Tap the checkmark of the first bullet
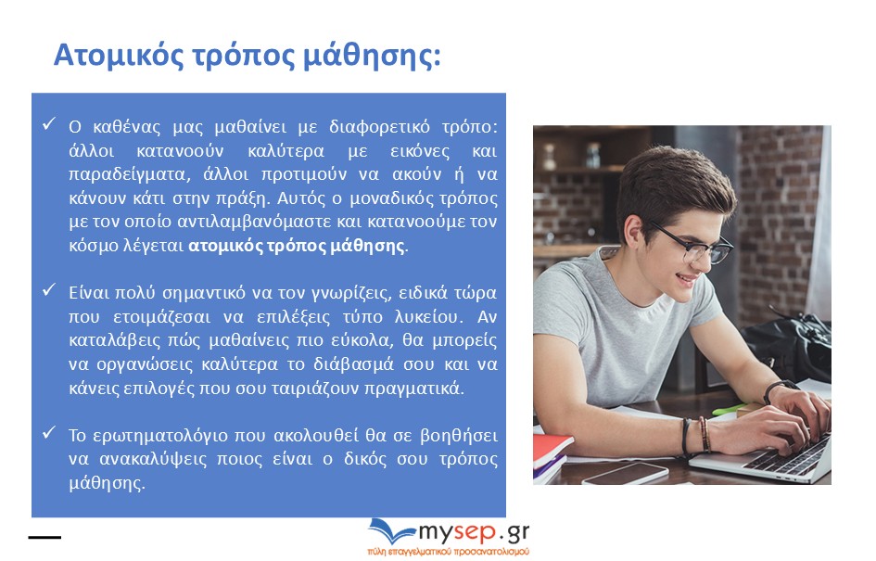49,123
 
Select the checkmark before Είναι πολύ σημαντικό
49,289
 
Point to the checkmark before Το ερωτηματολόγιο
49,432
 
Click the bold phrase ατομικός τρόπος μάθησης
296,246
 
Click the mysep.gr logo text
474,532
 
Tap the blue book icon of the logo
390,530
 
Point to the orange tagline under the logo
448,552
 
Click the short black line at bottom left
44,537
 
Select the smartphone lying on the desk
626,473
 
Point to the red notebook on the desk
551,448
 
